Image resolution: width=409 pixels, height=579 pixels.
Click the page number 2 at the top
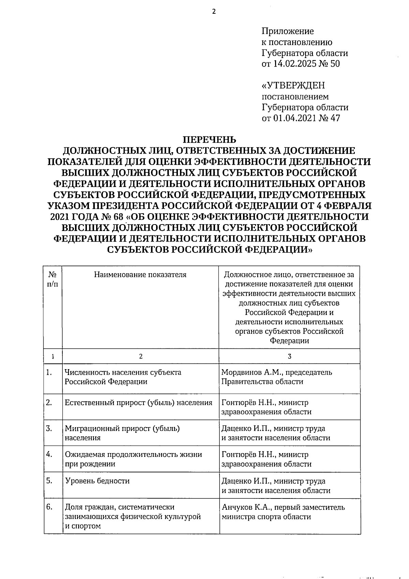click(214, 12)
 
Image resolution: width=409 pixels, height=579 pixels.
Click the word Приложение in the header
click(287, 31)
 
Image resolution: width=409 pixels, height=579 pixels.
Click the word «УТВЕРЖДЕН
click(293, 85)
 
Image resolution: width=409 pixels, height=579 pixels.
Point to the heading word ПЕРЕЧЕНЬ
click(209, 140)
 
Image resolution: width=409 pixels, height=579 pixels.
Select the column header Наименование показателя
click(140, 275)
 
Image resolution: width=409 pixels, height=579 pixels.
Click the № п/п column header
click(53, 279)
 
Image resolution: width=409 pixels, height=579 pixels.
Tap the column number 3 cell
click(289, 356)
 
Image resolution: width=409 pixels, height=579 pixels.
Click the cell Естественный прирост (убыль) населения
click(138, 403)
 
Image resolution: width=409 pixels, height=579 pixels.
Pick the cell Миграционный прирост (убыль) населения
click(122, 433)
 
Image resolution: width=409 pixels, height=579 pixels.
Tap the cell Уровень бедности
click(97, 481)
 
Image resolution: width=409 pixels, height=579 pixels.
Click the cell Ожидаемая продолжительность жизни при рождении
click(133, 459)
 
